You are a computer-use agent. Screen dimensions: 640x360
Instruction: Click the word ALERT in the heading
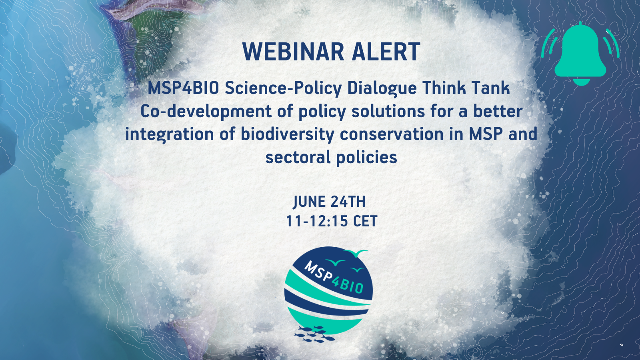pyautogui.click(x=386, y=52)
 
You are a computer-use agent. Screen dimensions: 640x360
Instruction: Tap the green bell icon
pyautogui.click(x=580, y=54)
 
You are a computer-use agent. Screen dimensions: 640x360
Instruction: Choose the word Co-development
pyautogui.click(x=206, y=112)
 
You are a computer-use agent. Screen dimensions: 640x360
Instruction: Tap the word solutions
pyautogui.click(x=388, y=111)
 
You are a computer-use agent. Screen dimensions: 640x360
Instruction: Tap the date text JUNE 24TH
pyautogui.click(x=329, y=202)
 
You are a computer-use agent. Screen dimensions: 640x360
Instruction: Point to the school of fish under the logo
pyautogui.click(x=314, y=334)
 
